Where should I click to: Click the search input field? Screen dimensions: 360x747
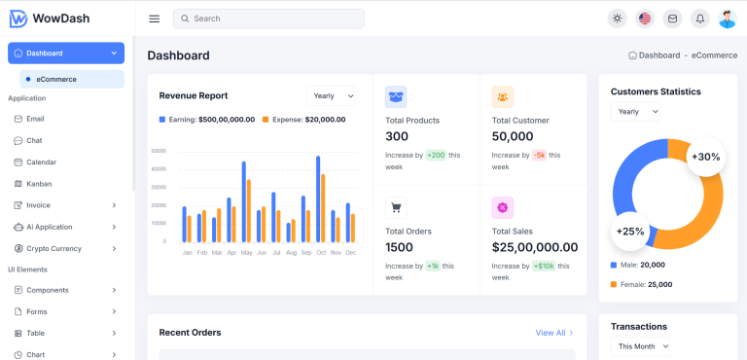tap(268, 18)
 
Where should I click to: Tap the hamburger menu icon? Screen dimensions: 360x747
tap(154, 18)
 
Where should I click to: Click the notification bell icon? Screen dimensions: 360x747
tap(699, 18)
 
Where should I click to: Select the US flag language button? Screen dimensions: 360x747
tap(644, 18)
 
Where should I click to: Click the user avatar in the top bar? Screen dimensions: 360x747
tap(727, 18)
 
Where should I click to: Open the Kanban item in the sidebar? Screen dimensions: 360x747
tap(39, 183)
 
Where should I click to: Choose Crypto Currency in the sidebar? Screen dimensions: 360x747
tap(54, 248)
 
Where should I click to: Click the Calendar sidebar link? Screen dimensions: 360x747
tap(41, 162)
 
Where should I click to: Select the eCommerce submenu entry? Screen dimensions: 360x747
tap(56, 79)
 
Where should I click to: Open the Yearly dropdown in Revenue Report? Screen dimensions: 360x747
tap(331, 95)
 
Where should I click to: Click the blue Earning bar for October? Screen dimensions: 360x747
tap(317, 198)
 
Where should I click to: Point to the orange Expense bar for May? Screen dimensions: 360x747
tap(249, 210)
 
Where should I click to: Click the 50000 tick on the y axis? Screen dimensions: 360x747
tap(160, 151)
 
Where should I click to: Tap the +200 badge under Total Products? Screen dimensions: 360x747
tap(435, 155)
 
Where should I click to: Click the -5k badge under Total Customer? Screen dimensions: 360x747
tap(539, 155)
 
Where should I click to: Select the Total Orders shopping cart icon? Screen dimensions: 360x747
tap(396, 207)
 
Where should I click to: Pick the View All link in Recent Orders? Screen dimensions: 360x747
tap(554, 333)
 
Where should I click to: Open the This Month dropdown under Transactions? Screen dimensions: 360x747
tap(641, 345)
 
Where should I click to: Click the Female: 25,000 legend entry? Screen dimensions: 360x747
tap(642, 284)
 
